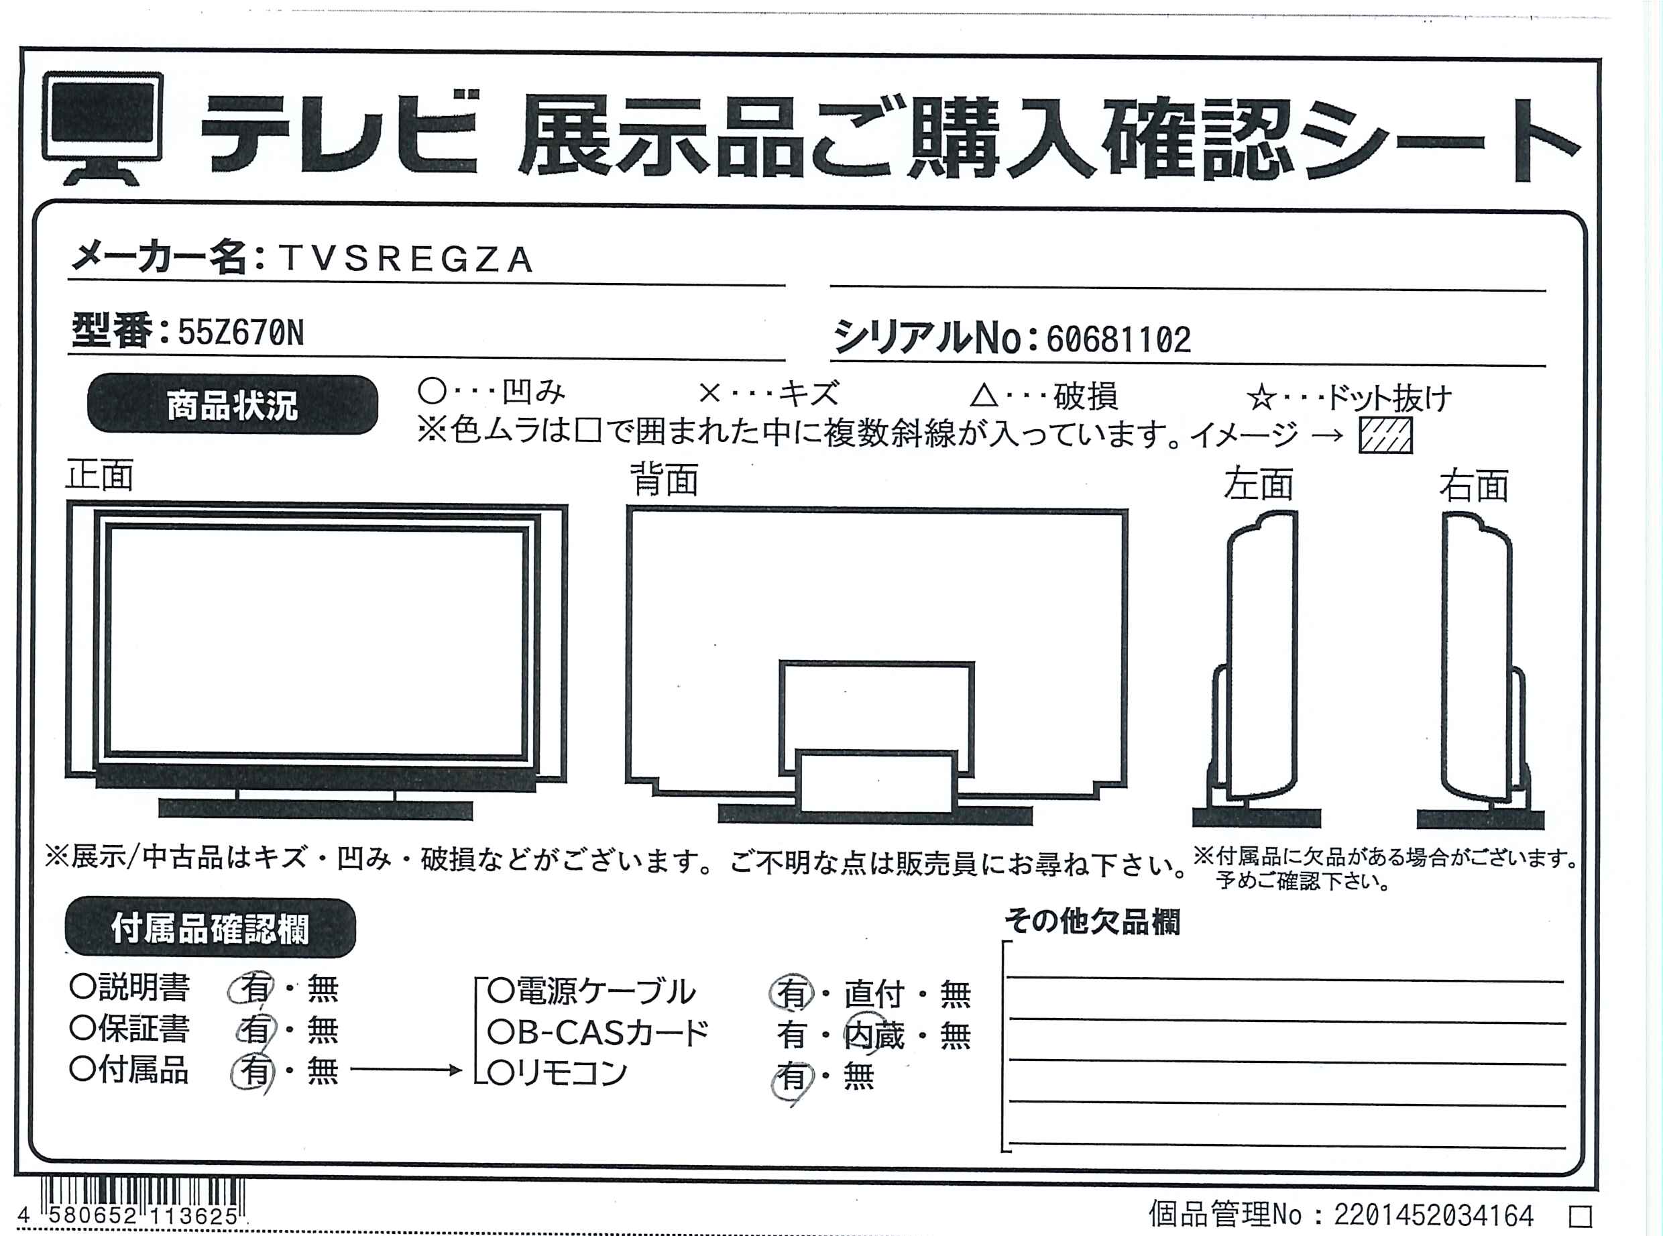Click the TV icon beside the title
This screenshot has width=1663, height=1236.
pos(103,127)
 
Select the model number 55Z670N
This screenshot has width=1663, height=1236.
pos(241,332)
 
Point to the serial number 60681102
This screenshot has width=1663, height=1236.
pos(1118,339)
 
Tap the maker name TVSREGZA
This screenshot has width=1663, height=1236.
pos(406,260)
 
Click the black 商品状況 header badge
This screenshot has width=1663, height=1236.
pos(233,405)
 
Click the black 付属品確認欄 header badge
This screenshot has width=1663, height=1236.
pos(210,928)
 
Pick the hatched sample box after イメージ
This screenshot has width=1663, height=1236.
pos(1385,435)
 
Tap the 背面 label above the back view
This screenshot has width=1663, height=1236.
pos(665,480)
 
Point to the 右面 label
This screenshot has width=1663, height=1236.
pos(1474,486)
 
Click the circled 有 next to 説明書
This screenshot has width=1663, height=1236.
pos(252,989)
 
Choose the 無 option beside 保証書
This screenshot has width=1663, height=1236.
pos(323,1030)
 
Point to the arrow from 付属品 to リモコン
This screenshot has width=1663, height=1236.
pos(406,1070)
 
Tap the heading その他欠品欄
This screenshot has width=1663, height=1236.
pos(1092,921)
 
